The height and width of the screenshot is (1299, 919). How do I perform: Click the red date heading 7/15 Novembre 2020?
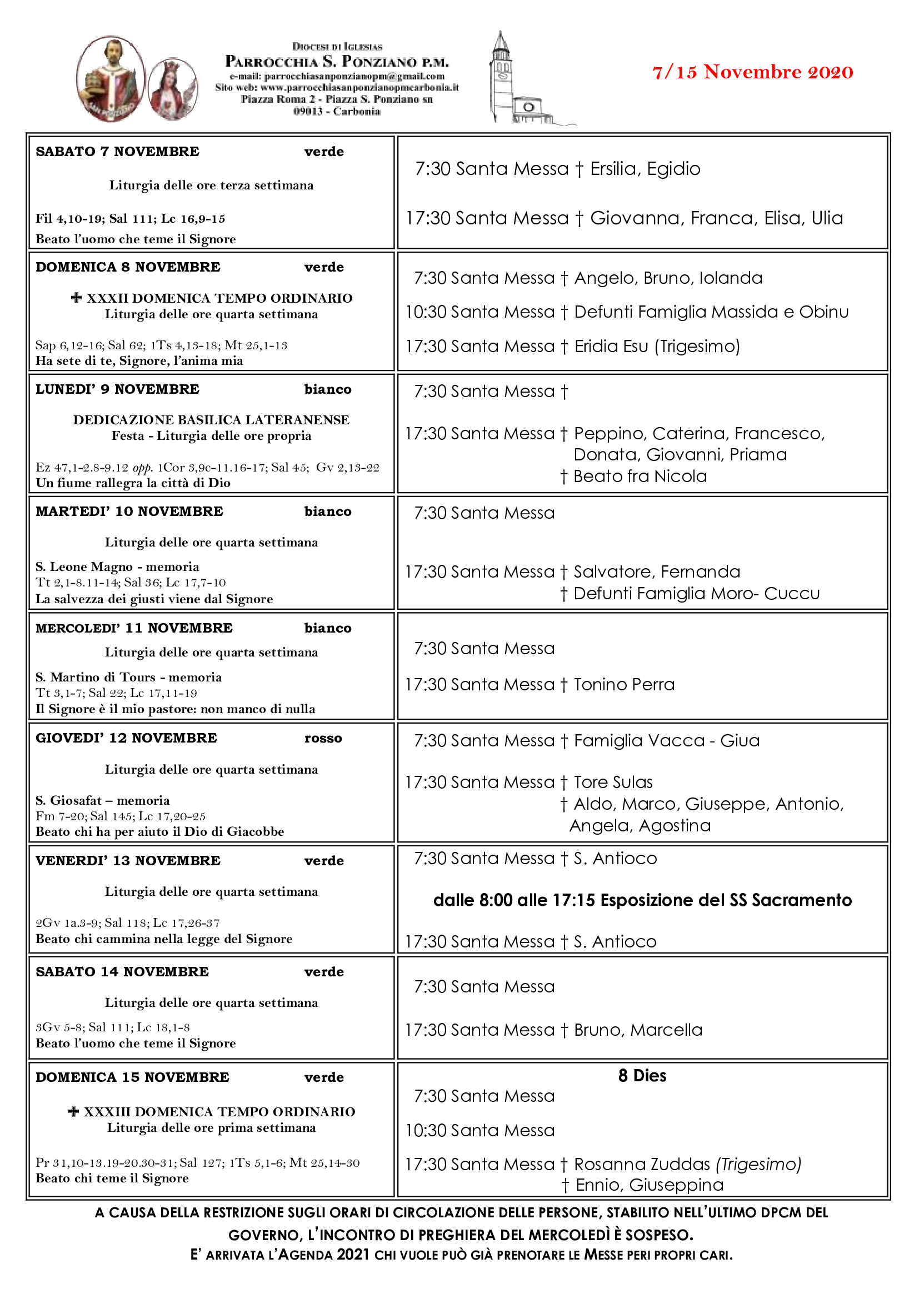pos(752,72)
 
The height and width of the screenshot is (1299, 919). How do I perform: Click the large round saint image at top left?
pos(111,78)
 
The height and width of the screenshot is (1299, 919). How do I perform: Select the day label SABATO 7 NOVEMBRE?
pos(117,152)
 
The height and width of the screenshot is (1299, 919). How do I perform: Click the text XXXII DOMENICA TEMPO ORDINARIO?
pos(219,298)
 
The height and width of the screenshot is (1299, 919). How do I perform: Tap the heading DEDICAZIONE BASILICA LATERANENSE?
pos(211,420)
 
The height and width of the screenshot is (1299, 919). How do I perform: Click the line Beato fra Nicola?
pos(640,477)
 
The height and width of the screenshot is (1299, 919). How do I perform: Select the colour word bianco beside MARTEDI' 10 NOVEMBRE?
pos(328,511)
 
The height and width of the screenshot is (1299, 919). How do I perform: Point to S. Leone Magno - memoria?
pos(117,567)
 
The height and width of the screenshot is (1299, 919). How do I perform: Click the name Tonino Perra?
pos(623,685)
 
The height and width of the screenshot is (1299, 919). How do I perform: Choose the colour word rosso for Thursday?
pos(323,738)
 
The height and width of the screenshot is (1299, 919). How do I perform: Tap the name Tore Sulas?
pos(613,783)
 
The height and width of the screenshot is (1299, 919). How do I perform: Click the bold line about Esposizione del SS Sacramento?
pos(642,900)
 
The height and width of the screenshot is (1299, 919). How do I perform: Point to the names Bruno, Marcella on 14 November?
pos(638,1030)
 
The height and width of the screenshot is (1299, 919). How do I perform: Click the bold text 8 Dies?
pos(642,1076)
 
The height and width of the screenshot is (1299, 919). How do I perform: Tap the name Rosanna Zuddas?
pos(642,1165)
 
